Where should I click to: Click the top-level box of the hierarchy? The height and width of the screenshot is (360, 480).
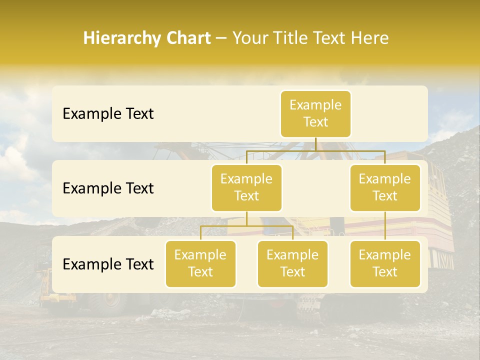pos(315,113)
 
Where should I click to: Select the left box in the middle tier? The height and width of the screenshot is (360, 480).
pos(246,187)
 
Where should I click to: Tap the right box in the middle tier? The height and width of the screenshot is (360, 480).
pos(385,187)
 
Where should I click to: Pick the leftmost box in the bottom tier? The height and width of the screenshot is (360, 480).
pos(200,263)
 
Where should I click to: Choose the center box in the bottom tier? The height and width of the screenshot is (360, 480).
pos(292,263)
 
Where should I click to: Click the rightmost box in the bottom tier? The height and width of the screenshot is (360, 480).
pos(385,263)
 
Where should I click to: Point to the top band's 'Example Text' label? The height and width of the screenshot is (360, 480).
pos(108,113)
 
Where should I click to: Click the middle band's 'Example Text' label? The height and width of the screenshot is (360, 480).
pos(108,188)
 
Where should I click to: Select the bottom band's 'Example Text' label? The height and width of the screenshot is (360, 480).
pos(108,264)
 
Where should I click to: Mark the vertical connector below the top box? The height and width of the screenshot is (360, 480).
pos(315,144)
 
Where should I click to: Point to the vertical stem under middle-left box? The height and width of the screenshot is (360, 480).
pos(246,219)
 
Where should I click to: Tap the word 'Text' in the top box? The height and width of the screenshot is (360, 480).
pos(315,122)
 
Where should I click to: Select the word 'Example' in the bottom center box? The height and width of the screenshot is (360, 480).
pos(292,255)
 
